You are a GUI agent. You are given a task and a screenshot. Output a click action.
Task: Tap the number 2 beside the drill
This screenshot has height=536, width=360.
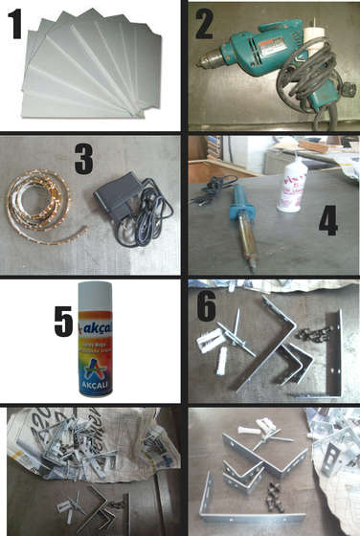click(203, 23)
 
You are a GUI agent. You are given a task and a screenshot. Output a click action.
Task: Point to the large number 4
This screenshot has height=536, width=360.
click(328, 219)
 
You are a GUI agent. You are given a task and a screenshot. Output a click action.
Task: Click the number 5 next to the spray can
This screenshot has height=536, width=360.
click(63, 322)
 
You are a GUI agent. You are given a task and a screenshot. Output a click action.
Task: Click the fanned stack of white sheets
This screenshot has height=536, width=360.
click(91, 67)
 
